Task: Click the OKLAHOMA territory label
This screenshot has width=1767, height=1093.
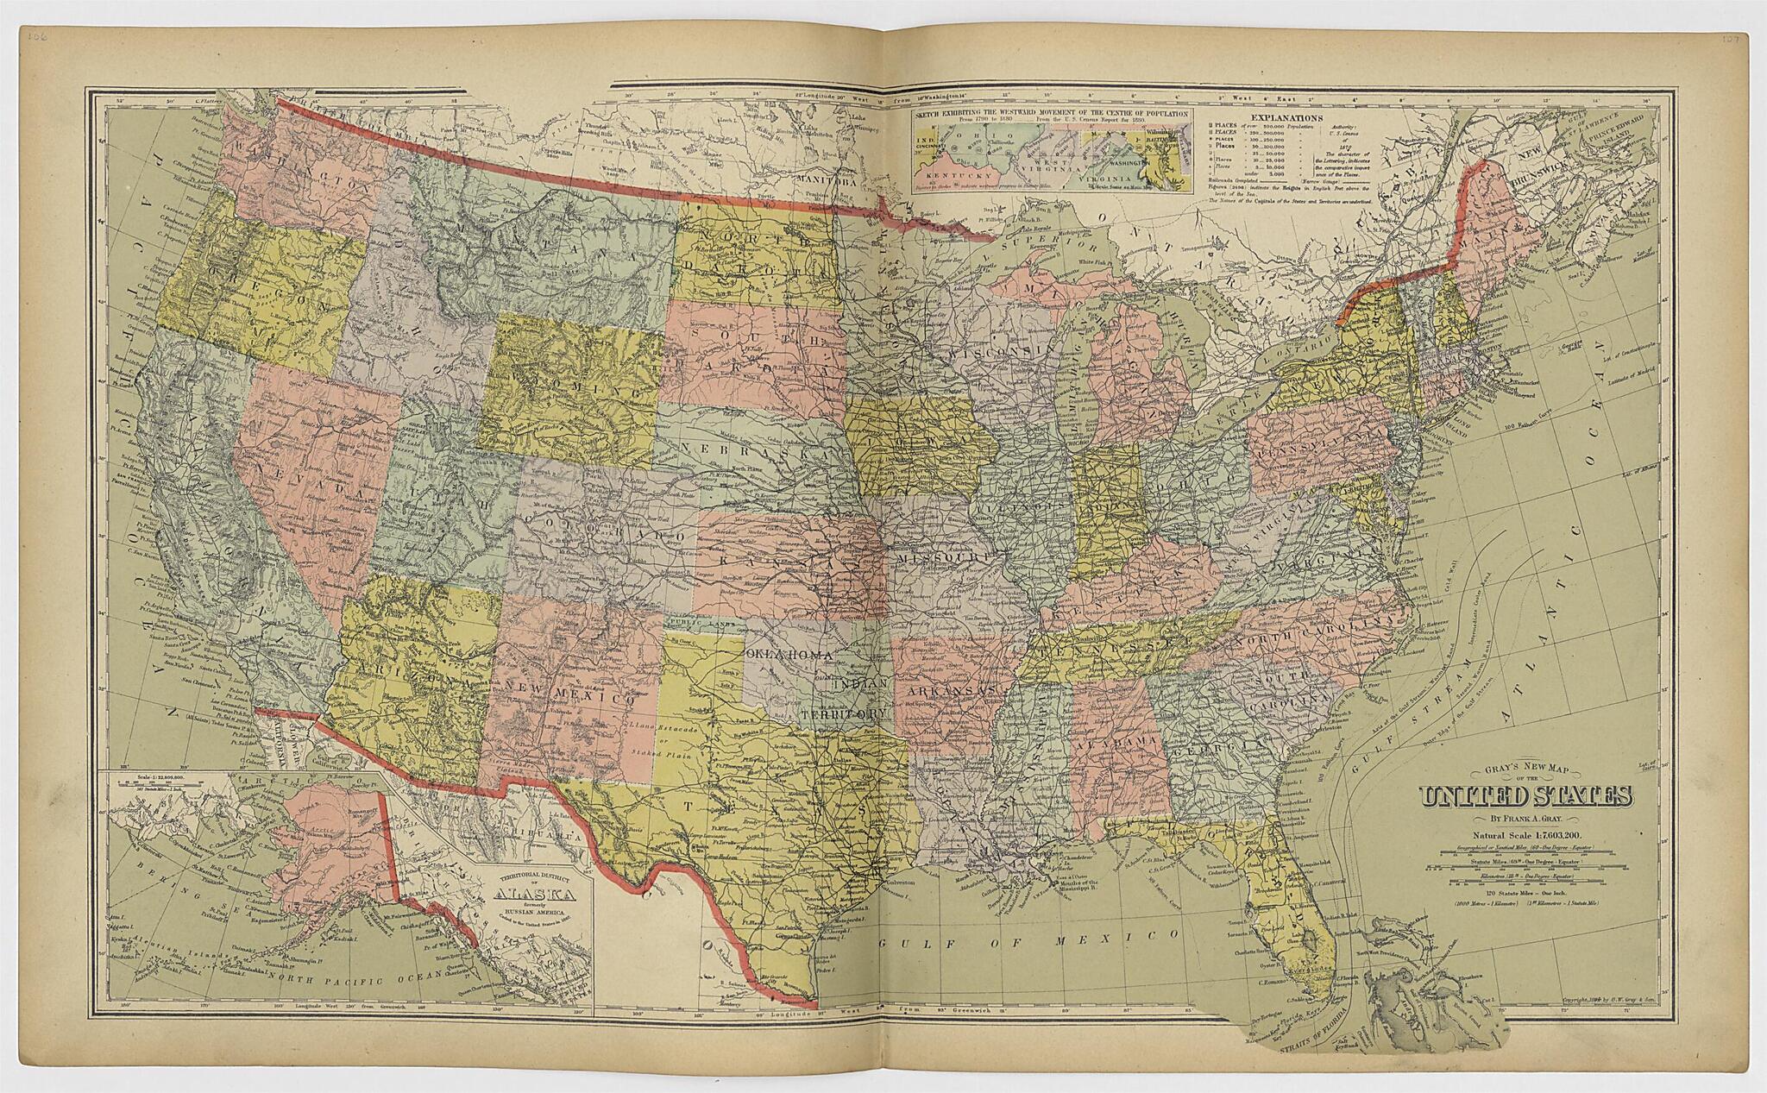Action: tap(791, 656)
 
